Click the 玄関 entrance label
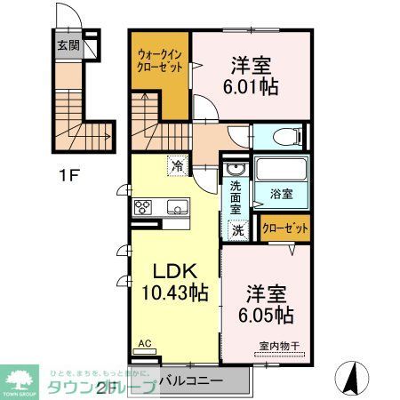tap(68, 44)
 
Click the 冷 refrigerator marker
tap(179, 165)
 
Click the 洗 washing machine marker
tap(237, 228)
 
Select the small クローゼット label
tap(286, 228)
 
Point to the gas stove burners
tap(143, 208)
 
